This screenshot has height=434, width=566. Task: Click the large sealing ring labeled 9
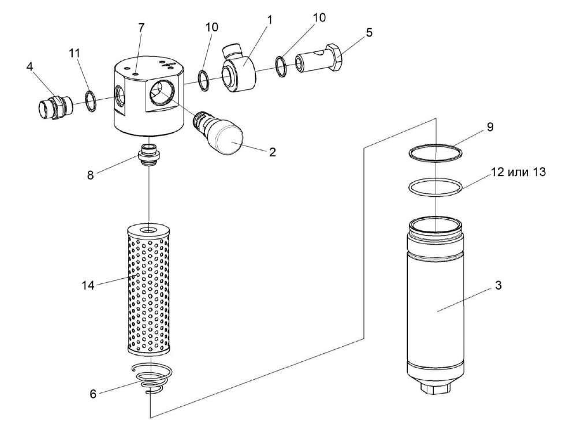(x=435, y=152)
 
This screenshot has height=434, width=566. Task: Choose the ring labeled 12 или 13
(x=435, y=188)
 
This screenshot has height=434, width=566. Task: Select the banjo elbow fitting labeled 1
(x=241, y=69)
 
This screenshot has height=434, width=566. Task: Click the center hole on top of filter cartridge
(x=150, y=230)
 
